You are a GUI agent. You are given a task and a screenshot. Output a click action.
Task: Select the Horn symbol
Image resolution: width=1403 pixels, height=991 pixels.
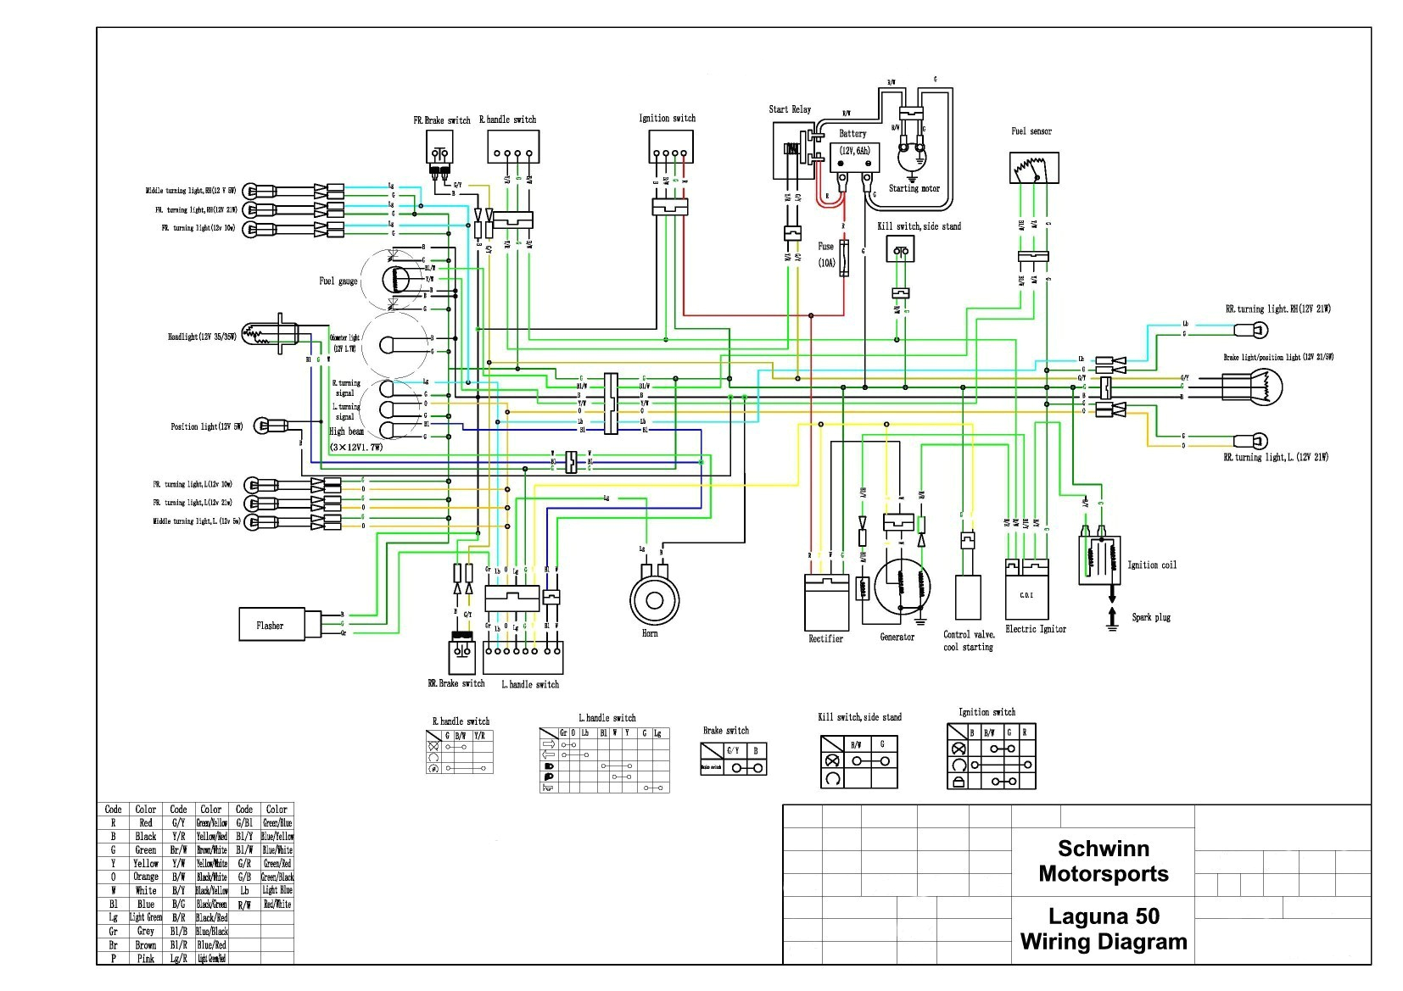653,600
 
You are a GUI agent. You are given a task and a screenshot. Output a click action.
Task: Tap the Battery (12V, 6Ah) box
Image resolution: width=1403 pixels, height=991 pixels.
855,160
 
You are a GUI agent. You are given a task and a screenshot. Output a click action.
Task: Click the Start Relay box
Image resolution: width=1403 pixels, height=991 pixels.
792,150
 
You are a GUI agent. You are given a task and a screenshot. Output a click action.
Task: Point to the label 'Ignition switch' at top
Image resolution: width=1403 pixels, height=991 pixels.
667,118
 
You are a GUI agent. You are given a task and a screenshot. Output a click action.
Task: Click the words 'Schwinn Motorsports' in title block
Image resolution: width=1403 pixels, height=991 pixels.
1103,860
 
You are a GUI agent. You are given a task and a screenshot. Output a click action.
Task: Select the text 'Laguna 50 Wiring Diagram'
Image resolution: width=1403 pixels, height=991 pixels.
1103,929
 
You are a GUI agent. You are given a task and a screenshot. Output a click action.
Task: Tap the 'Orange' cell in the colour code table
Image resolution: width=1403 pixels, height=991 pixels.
145,877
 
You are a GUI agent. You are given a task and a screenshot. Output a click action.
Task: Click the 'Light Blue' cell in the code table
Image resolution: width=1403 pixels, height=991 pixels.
277,890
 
